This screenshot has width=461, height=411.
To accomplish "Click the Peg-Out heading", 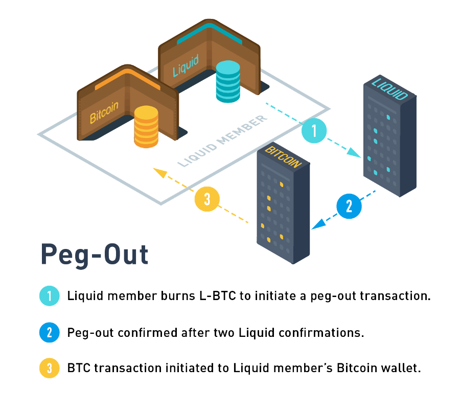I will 95,254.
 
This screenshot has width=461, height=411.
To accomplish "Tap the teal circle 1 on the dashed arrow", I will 314,131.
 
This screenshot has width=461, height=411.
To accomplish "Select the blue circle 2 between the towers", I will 349,206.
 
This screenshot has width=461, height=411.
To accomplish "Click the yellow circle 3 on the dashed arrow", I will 207,199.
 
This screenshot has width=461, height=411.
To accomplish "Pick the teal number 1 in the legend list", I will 50,296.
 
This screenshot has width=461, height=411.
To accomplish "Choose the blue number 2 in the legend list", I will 50,333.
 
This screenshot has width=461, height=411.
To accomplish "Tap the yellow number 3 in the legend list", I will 50,368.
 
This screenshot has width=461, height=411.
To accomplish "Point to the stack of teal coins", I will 228,81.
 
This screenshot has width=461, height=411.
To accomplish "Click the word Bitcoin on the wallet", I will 104,112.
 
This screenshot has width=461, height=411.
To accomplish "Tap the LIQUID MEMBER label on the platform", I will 223,141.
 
